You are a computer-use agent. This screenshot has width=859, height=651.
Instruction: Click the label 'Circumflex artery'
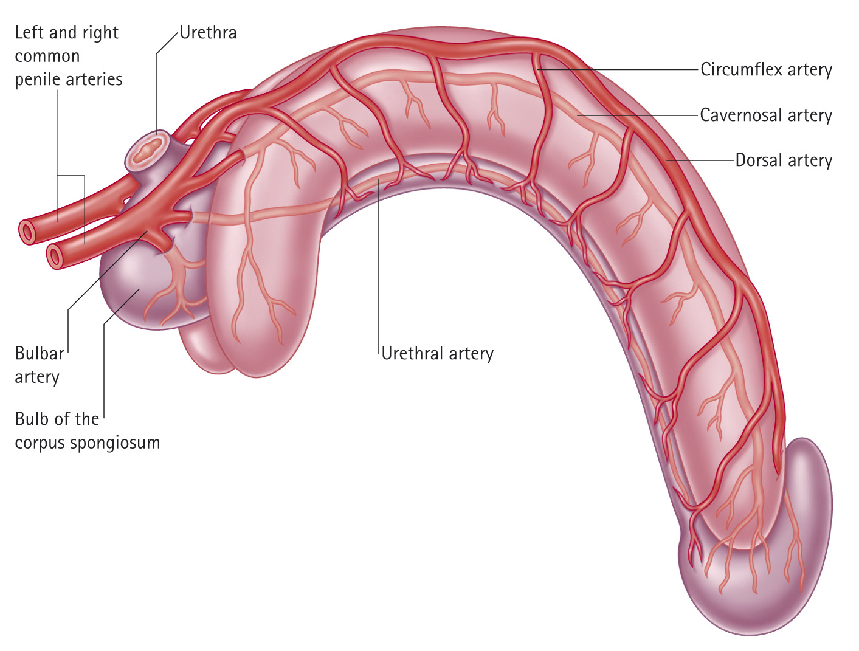pyautogui.click(x=766, y=70)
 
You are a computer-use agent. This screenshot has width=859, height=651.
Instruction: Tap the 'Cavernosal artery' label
pyautogui.click(x=766, y=115)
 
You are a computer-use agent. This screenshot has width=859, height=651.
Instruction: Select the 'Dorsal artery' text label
pyautogui.click(x=784, y=160)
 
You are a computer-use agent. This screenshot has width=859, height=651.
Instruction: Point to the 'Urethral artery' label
pyautogui.click(x=438, y=353)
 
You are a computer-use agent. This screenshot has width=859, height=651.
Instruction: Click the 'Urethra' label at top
pyautogui.click(x=209, y=32)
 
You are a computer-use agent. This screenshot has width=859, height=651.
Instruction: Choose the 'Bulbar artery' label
pyautogui.click(x=38, y=365)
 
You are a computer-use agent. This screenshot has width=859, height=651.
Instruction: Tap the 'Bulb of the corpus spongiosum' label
pyautogui.click(x=87, y=430)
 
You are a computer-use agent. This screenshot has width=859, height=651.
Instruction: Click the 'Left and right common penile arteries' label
pyautogui.click(x=68, y=56)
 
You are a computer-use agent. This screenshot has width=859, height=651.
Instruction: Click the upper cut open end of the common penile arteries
pyautogui.click(x=27, y=232)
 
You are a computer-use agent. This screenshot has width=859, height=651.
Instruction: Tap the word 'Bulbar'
pyautogui.click(x=40, y=353)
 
